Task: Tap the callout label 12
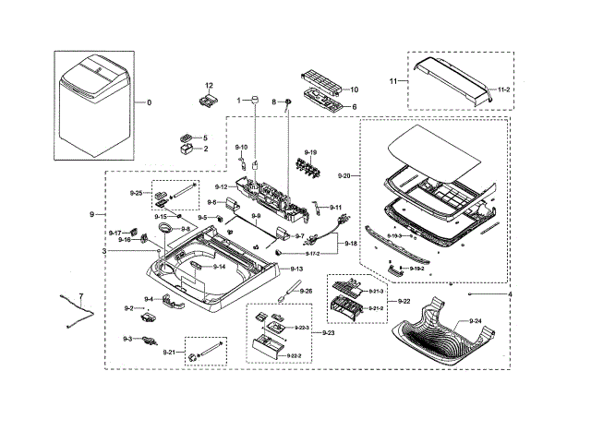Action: pyautogui.click(x=209, y=85)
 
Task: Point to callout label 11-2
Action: pyautogui.click(x=503, y=90)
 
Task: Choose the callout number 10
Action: pyautogui.click(x=354, y=90)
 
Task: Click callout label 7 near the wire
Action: pyautogui.click(x=80, y=296)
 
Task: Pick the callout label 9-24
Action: pyautogui.click(x=476, y=320)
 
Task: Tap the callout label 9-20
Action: pyautogui.click(x=344, y=174)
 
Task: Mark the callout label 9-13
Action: pyautogui.click(x=296, y=268)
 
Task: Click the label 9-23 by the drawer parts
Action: pyautogui.click(x=329, y=332)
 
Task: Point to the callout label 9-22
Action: pyautogui.click(x=404, y=301)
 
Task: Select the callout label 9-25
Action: pyautogui.click(x=135, y=193)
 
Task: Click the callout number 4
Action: pyautogui.click(x=509, y=293)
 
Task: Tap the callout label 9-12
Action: pyautogui.click(x=222, y=186)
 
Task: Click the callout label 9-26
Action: pyautogui.click(x=307, y=291)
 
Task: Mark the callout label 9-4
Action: pyautogui.click(x=149, y=299)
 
